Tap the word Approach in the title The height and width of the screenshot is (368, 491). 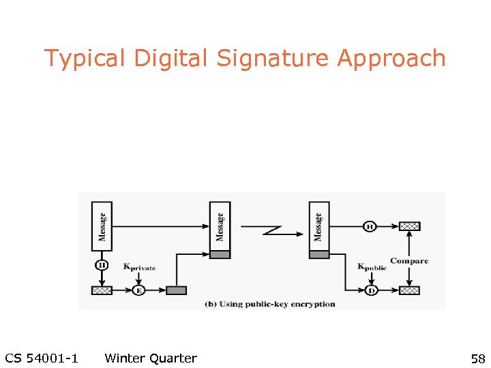[x=391, y=59]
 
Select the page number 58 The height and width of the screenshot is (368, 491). [x=477, y=358]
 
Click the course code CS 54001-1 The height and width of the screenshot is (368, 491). [x=41, y=358]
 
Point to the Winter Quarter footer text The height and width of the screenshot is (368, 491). [x=151, y=358]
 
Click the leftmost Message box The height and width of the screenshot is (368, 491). [x=102, y=226]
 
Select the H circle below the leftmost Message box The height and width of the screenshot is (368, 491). [x=102, y=264]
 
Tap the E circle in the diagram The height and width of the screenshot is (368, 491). [x=139, y=290]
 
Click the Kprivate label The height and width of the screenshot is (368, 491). [x=139, y=267]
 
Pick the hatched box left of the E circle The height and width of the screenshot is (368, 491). [x=102, y=290]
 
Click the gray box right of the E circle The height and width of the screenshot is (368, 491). [x=176, y=290]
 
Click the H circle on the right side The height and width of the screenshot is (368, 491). [x=370, y=226]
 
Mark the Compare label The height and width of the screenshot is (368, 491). [x=409, y=260]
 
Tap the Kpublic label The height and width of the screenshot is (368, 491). [x=372, y=267]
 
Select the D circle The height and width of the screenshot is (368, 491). [x=371, y=290]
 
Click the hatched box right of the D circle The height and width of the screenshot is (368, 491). [x=409, y=290]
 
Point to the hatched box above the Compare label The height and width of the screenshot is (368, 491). [x=409, y=226]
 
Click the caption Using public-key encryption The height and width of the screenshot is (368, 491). [x=270, y=304]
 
